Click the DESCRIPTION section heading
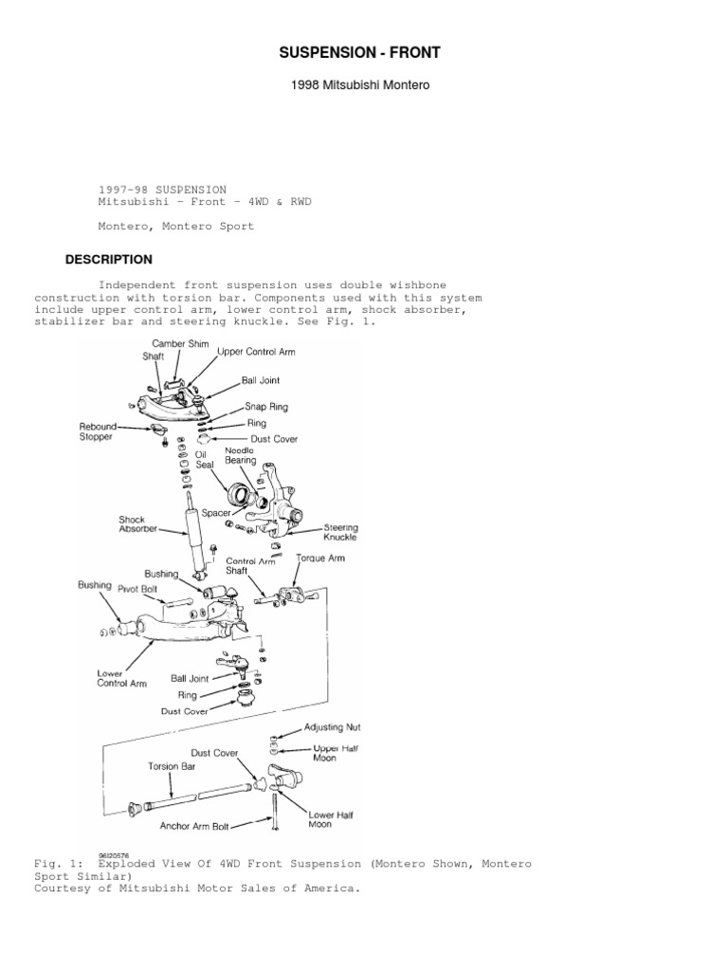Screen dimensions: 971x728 coord(108,259)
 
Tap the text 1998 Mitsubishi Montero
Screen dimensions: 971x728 coord(359,85)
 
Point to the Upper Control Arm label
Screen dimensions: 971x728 coord(256,352)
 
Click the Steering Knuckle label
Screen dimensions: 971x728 coord(340,531)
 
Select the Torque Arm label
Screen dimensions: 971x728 coord(321,559)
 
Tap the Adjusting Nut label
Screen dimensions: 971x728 coord(332,727)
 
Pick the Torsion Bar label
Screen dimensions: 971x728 coord(172,764)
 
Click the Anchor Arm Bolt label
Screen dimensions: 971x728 coord(195,826)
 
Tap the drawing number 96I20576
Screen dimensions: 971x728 coord(113,854)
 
